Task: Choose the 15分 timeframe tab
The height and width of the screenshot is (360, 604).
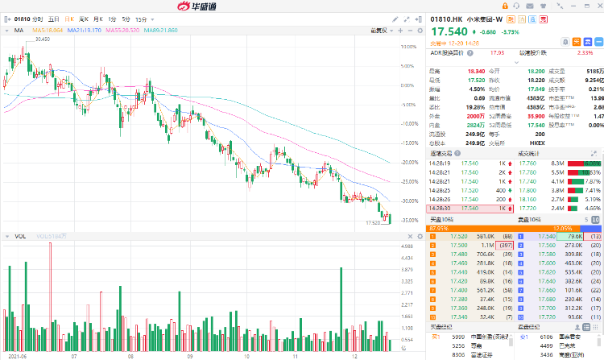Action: pyautogui.click(x=142, y=18)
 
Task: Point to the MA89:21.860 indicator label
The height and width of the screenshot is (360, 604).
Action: pyautogui.click(x=157, y=31)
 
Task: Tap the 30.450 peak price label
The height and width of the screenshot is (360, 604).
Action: pyautogui.click(x=42, y=39)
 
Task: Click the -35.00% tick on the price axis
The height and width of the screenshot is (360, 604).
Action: pyautogui.click(x=408, y=220)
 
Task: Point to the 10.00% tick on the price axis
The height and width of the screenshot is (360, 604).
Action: pyautogui.click(x=407, y=46)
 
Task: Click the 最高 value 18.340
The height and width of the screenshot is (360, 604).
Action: pyautogui.click(x=476, y=71)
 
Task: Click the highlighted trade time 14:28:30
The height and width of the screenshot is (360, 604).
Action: pyautogui.click(x=440, y=207)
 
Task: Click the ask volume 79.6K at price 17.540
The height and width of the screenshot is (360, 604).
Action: pyautogui.click(x=573, y=236)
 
